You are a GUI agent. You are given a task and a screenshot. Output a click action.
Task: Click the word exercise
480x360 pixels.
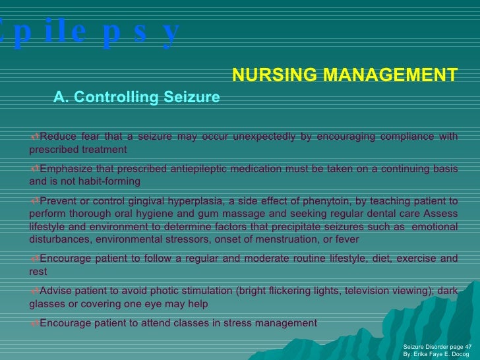click(x=407, y=258)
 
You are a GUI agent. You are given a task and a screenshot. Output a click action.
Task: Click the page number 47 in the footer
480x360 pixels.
click(x=468, y=345)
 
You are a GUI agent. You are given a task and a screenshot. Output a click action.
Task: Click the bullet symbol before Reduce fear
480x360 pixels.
click(x=35, y=136)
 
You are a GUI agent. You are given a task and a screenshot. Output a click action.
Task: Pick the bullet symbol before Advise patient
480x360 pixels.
click(x=35, y=291)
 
